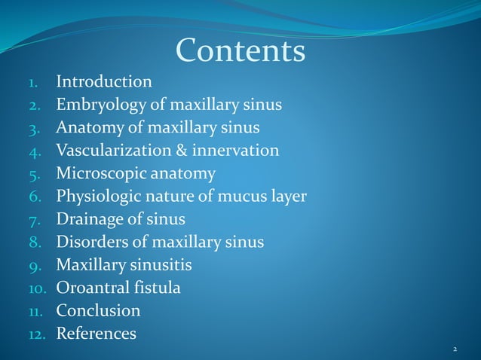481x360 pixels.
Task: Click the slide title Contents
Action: (x=240, y=51)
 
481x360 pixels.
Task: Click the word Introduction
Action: (x=104, y=81)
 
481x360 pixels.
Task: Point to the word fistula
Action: (x=159, y=288)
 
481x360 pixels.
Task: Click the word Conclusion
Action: (x=98, y=310)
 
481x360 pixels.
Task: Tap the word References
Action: (x=97, y=333)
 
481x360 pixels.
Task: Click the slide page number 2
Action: (x=455, y=349)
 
